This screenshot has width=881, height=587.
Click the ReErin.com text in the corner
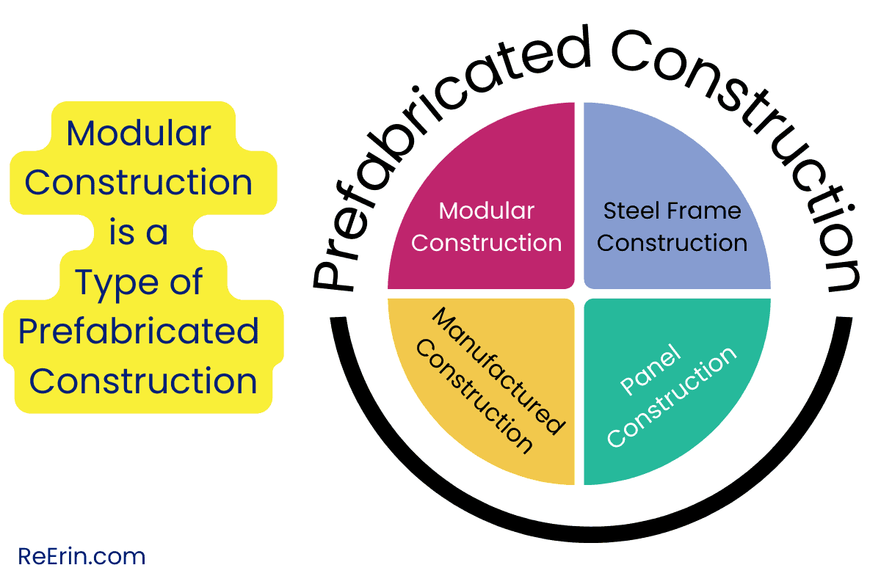point(81,557)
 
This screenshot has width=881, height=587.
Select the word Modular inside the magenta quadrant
point(487,211)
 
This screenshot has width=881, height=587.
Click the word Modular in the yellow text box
point(139,134)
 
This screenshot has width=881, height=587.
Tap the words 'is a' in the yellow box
point(139,233)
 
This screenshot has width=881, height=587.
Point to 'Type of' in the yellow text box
point(139,282)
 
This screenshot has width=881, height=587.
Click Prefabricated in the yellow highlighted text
point(139,332)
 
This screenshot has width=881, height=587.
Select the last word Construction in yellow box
point(143,382)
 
